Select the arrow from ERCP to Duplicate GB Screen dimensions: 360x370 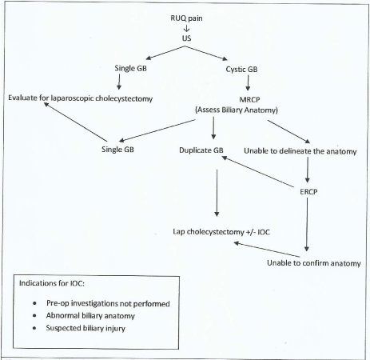tap(261, 174)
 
